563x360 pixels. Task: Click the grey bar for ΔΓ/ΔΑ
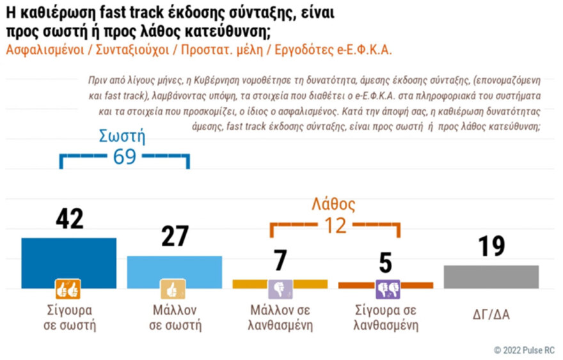[491, 276]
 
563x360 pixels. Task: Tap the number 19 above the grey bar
[491, 246]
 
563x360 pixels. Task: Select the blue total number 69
[124, 157]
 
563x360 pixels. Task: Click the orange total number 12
[334, 225]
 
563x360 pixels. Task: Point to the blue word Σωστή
[123, 136]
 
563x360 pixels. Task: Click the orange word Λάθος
[333, 205]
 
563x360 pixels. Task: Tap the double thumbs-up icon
[68, 290]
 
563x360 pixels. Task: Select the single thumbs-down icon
[280, 290]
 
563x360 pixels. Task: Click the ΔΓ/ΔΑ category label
[491, 314]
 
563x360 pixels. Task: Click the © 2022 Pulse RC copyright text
[524, 350]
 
